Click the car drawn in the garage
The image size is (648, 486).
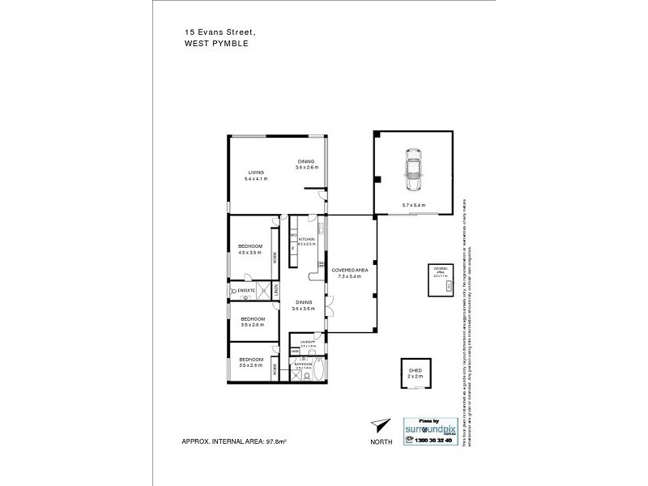click(x=414, y=168)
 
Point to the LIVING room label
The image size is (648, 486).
click(x=256, y=173)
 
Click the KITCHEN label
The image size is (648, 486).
click(x=306, y=240)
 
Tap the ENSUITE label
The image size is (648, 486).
click(x=247, y=289)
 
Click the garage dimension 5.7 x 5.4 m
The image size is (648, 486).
click(x=413, y=205)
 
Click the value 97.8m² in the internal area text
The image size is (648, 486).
click(x=276, y=442)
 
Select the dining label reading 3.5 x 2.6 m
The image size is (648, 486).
click(x=307, y=167)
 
